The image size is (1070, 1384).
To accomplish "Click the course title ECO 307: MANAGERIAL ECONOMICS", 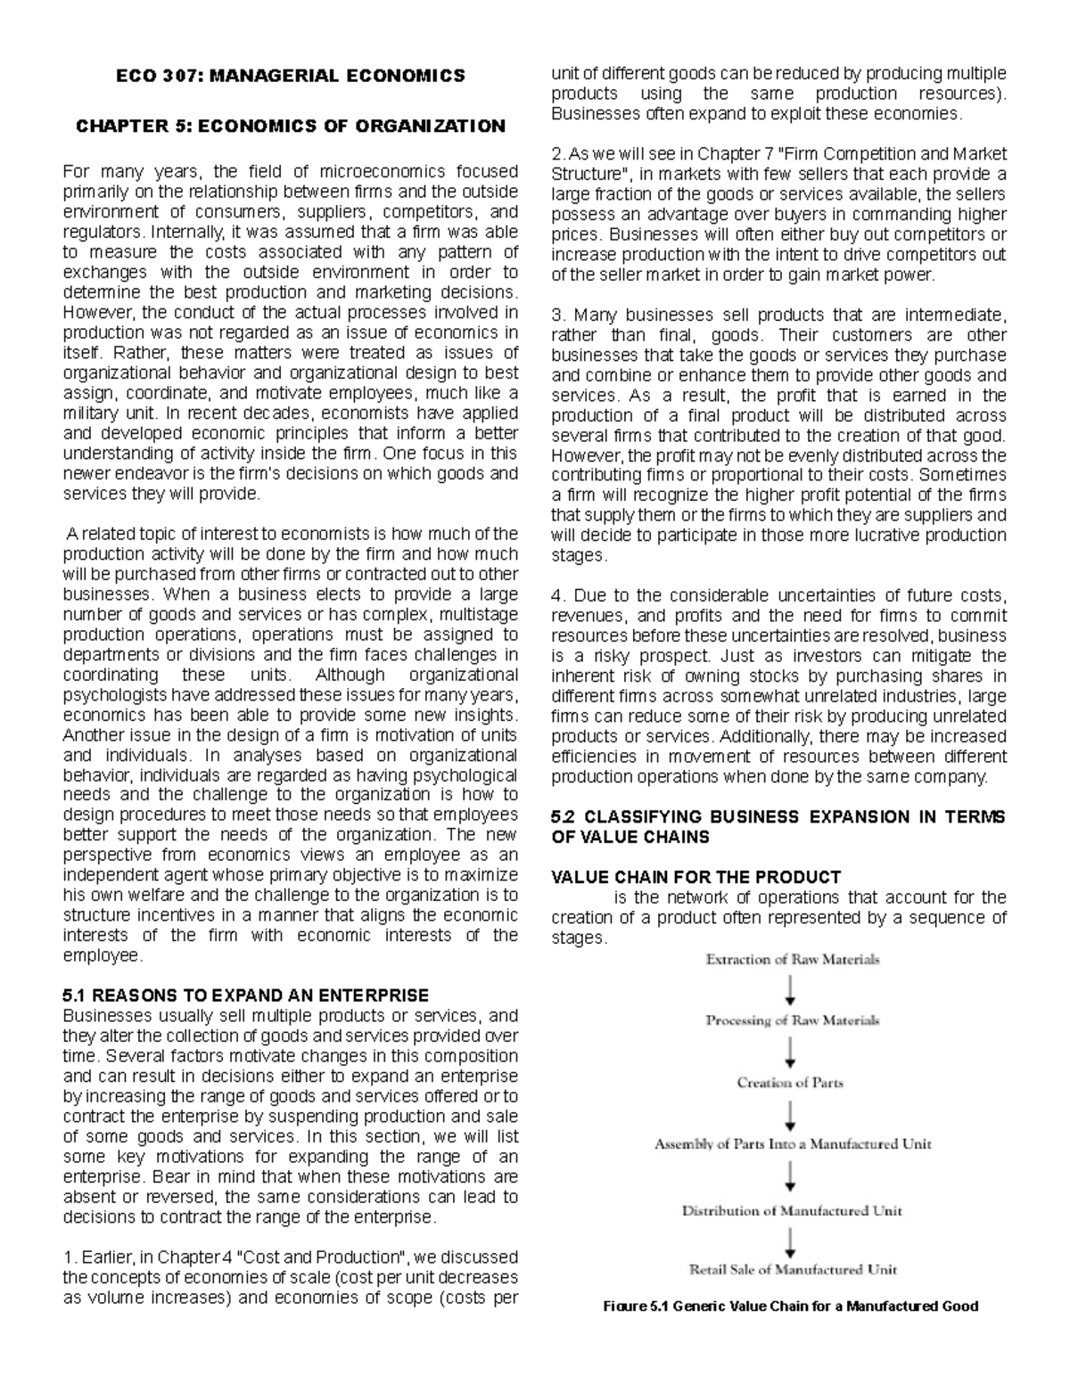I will tap(291, 76).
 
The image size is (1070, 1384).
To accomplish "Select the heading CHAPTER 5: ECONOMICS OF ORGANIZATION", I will tap(291, 126).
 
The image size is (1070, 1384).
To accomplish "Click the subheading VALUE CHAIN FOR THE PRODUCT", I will tap(695, 877).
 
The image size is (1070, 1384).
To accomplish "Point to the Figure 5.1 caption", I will tap(791, 1306).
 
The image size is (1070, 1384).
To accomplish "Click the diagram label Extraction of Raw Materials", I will tap(792, 960).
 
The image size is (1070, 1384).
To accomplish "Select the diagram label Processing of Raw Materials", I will tap(792, 1020).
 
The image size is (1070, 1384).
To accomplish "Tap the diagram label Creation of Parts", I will tap(790, 1083).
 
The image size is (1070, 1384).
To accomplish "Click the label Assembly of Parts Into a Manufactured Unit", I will tap(792, 1144).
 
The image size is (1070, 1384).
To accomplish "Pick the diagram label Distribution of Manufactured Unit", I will tap(792, 1210).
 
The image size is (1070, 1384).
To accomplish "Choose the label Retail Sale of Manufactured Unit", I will tap(792, 1269).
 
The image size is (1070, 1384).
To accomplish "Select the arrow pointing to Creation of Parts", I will tap(791, 1052).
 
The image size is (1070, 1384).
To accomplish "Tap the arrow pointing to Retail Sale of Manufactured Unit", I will tap(791, 1241).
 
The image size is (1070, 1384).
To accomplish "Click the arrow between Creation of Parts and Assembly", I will tap(791, 1114).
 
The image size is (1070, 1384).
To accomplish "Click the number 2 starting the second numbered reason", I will tap(556, 154).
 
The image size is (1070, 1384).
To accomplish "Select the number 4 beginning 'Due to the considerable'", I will tap(556, 595).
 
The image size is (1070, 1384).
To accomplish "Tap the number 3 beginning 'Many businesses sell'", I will tap(556, 315).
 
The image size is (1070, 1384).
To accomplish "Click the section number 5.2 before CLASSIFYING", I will tap(564, 817).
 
